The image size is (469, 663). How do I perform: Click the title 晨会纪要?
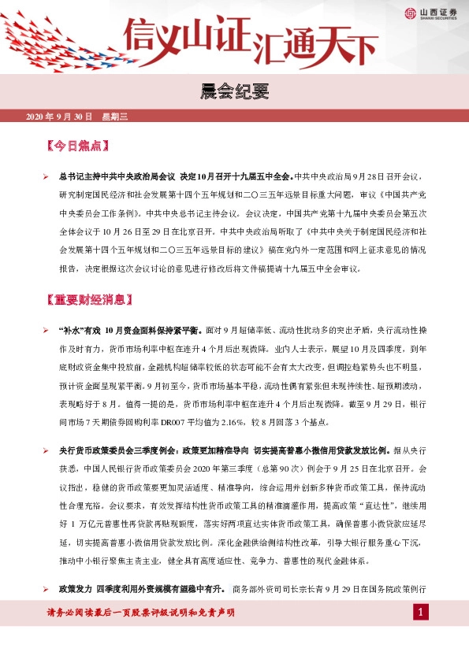(x=234, y=91)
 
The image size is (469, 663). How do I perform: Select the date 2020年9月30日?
(x=60, y=117)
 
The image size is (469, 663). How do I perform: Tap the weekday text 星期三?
(x=114, y=117)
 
